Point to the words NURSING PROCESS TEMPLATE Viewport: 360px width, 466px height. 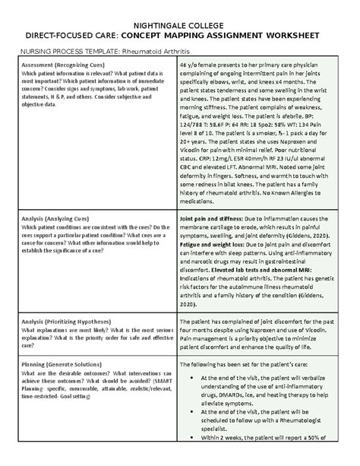click(65, 51)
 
